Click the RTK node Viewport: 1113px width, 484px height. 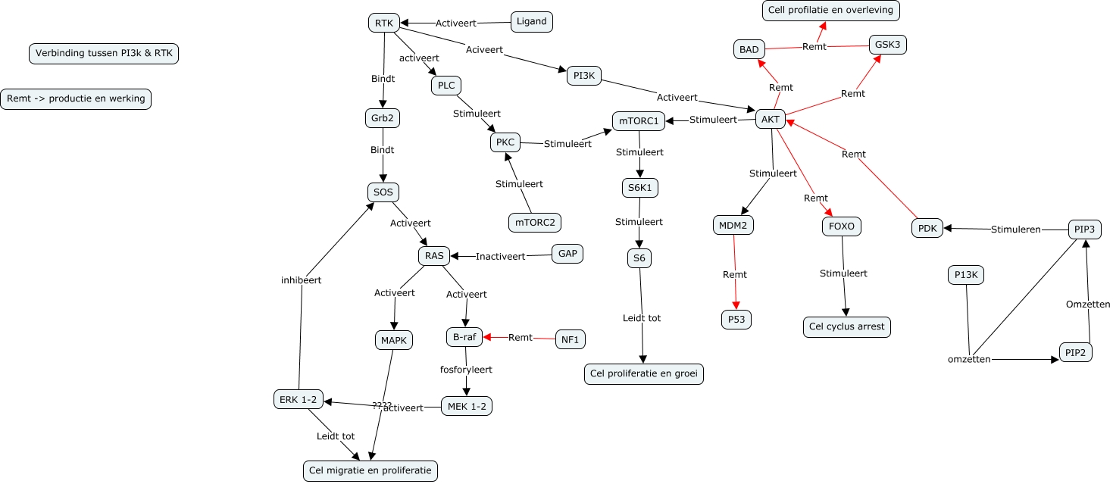[x=383, y=23]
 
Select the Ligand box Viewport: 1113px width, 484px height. [x=531, y=21]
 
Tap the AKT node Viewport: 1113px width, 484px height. [x=771, y=119]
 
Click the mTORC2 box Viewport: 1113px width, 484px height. [x=534, y=222]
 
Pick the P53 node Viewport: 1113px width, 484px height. [x=736, y=320]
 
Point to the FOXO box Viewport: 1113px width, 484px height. [x=841, y=226]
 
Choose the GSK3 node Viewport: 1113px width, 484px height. [x=887, y=45]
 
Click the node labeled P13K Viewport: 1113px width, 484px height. [x=965, y=275]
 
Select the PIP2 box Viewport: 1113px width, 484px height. [x=1075, y=352]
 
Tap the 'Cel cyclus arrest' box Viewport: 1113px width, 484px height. [x=846, y=326]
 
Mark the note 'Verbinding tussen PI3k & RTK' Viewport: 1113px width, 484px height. [x=104, y=54]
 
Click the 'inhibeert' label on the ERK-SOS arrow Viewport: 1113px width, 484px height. [x=301, y=279]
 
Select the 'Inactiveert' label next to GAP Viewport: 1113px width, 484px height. [x=500, y=256]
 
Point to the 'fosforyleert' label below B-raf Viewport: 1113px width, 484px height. [x=466, y=370]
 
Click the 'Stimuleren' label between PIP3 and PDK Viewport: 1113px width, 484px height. [x=1015, y=229]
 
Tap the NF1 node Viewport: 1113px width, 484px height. [x=570, y=340]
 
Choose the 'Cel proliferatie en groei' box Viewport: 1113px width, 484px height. [x=644, y=374]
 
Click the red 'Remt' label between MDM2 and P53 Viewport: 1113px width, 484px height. [x=734, y=274]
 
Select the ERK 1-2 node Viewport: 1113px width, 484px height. [x=298, y=399]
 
